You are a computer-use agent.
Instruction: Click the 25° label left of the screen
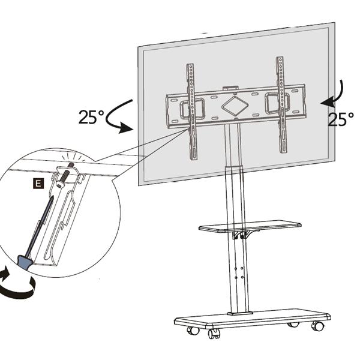click(x=91, y=116)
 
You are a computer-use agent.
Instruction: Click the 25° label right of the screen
click(x=340, y=119)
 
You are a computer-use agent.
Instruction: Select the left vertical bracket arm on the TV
click(x=191, y=111)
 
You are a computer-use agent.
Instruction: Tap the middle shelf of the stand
click(x=250, y=227)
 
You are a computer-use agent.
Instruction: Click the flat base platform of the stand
click(x=252, y=319)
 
